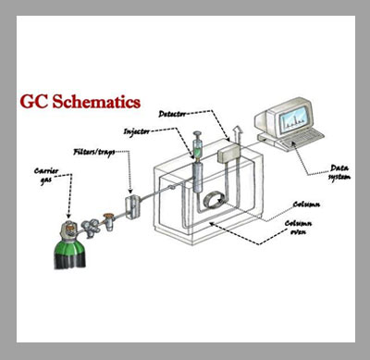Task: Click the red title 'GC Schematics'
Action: (x=80, y=102)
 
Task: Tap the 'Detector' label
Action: (x=172, y=114)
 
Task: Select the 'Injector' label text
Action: (x=137, y=131)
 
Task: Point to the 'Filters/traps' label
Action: (x=94, y=152)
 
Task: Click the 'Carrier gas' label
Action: (x=46, y=176)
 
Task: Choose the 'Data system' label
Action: (x=339, y=172)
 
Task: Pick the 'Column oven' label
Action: (x=298, y=228)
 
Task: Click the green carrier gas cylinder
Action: (x=70, y=243)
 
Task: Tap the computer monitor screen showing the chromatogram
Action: (x=293, y=118)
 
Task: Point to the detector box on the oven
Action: (x=229, y=154)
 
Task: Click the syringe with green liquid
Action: (x=197, y=146)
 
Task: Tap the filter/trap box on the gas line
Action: (x=133, y=206)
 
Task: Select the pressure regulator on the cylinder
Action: (x=90, y=228)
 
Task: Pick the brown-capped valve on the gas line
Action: (x=108, y=221)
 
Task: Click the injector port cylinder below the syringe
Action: (x=198, y=178)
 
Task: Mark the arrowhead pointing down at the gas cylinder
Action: (x=68, y=216)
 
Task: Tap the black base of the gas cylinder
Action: (x=70, y=257)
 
